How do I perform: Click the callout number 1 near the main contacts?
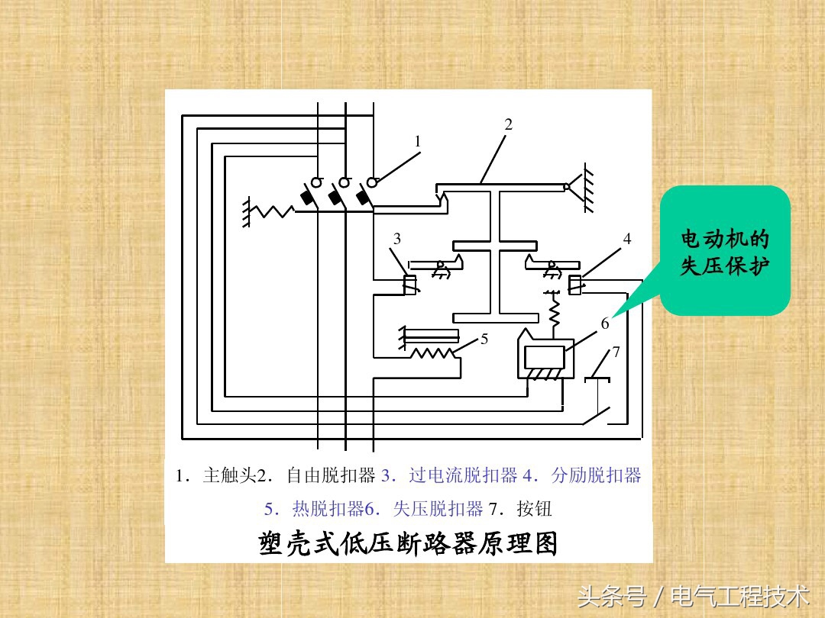418,141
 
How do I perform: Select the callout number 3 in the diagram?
397,239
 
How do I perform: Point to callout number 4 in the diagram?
627,239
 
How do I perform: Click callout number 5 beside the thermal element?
484,339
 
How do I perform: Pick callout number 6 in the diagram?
605,323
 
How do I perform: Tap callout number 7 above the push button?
616,352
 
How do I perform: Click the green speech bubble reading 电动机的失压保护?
724,252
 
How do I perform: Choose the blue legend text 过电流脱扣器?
463,476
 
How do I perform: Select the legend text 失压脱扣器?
438,509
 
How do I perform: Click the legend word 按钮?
534,509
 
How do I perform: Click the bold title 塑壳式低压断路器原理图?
408,543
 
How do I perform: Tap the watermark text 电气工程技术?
740,596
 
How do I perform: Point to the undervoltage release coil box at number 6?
544,358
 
